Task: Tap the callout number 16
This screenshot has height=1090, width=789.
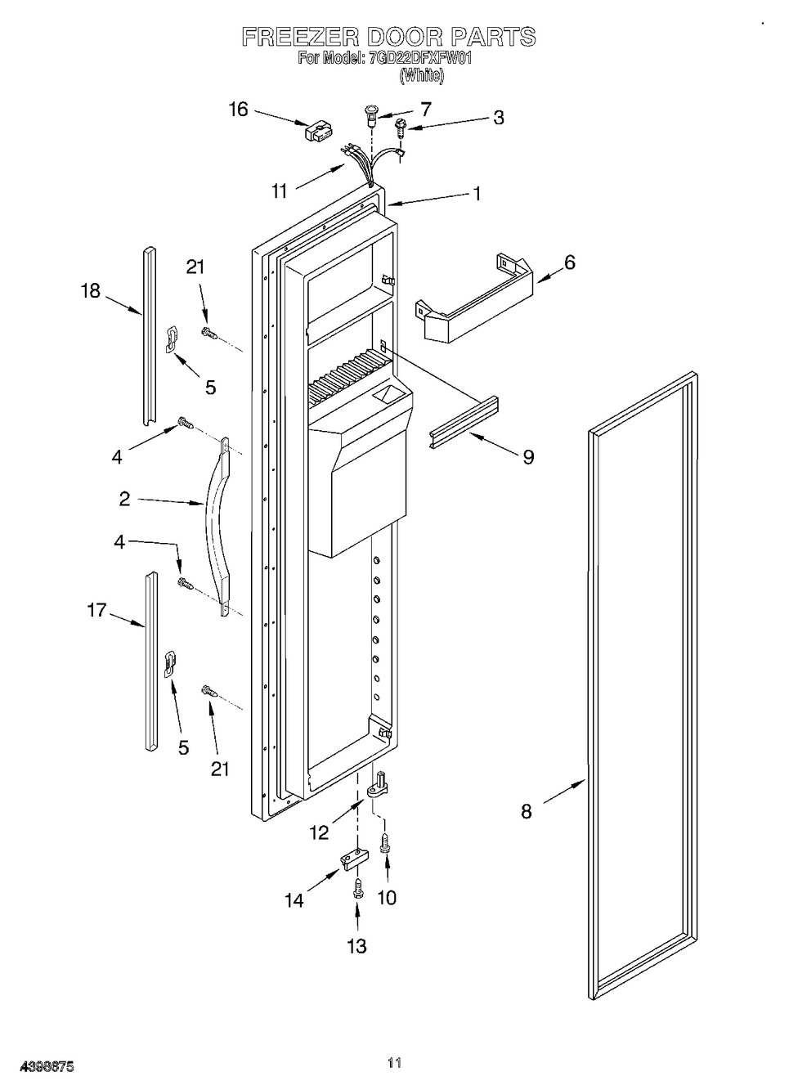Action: click(238, 110)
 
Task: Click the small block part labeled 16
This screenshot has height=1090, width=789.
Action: click(316, 131)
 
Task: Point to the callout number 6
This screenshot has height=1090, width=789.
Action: click(569, 262)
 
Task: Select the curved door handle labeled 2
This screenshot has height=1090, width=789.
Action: click(215, 523)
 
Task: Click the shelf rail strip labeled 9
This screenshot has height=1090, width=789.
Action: click(461, 422)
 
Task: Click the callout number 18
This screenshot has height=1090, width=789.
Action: click(91, 290)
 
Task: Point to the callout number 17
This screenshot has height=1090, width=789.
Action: click(96, 609)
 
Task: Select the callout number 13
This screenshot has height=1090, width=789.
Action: click(356, 946)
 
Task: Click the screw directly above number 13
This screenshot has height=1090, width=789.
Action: click(356, 889)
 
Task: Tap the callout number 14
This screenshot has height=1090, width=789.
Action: click(294, 899)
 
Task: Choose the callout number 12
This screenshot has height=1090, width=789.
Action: click(319, 832)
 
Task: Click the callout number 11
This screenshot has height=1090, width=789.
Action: click(280, 191)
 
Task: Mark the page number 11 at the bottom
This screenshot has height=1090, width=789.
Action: click(395, 1063)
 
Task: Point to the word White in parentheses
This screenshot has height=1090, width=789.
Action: click(422, 76)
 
